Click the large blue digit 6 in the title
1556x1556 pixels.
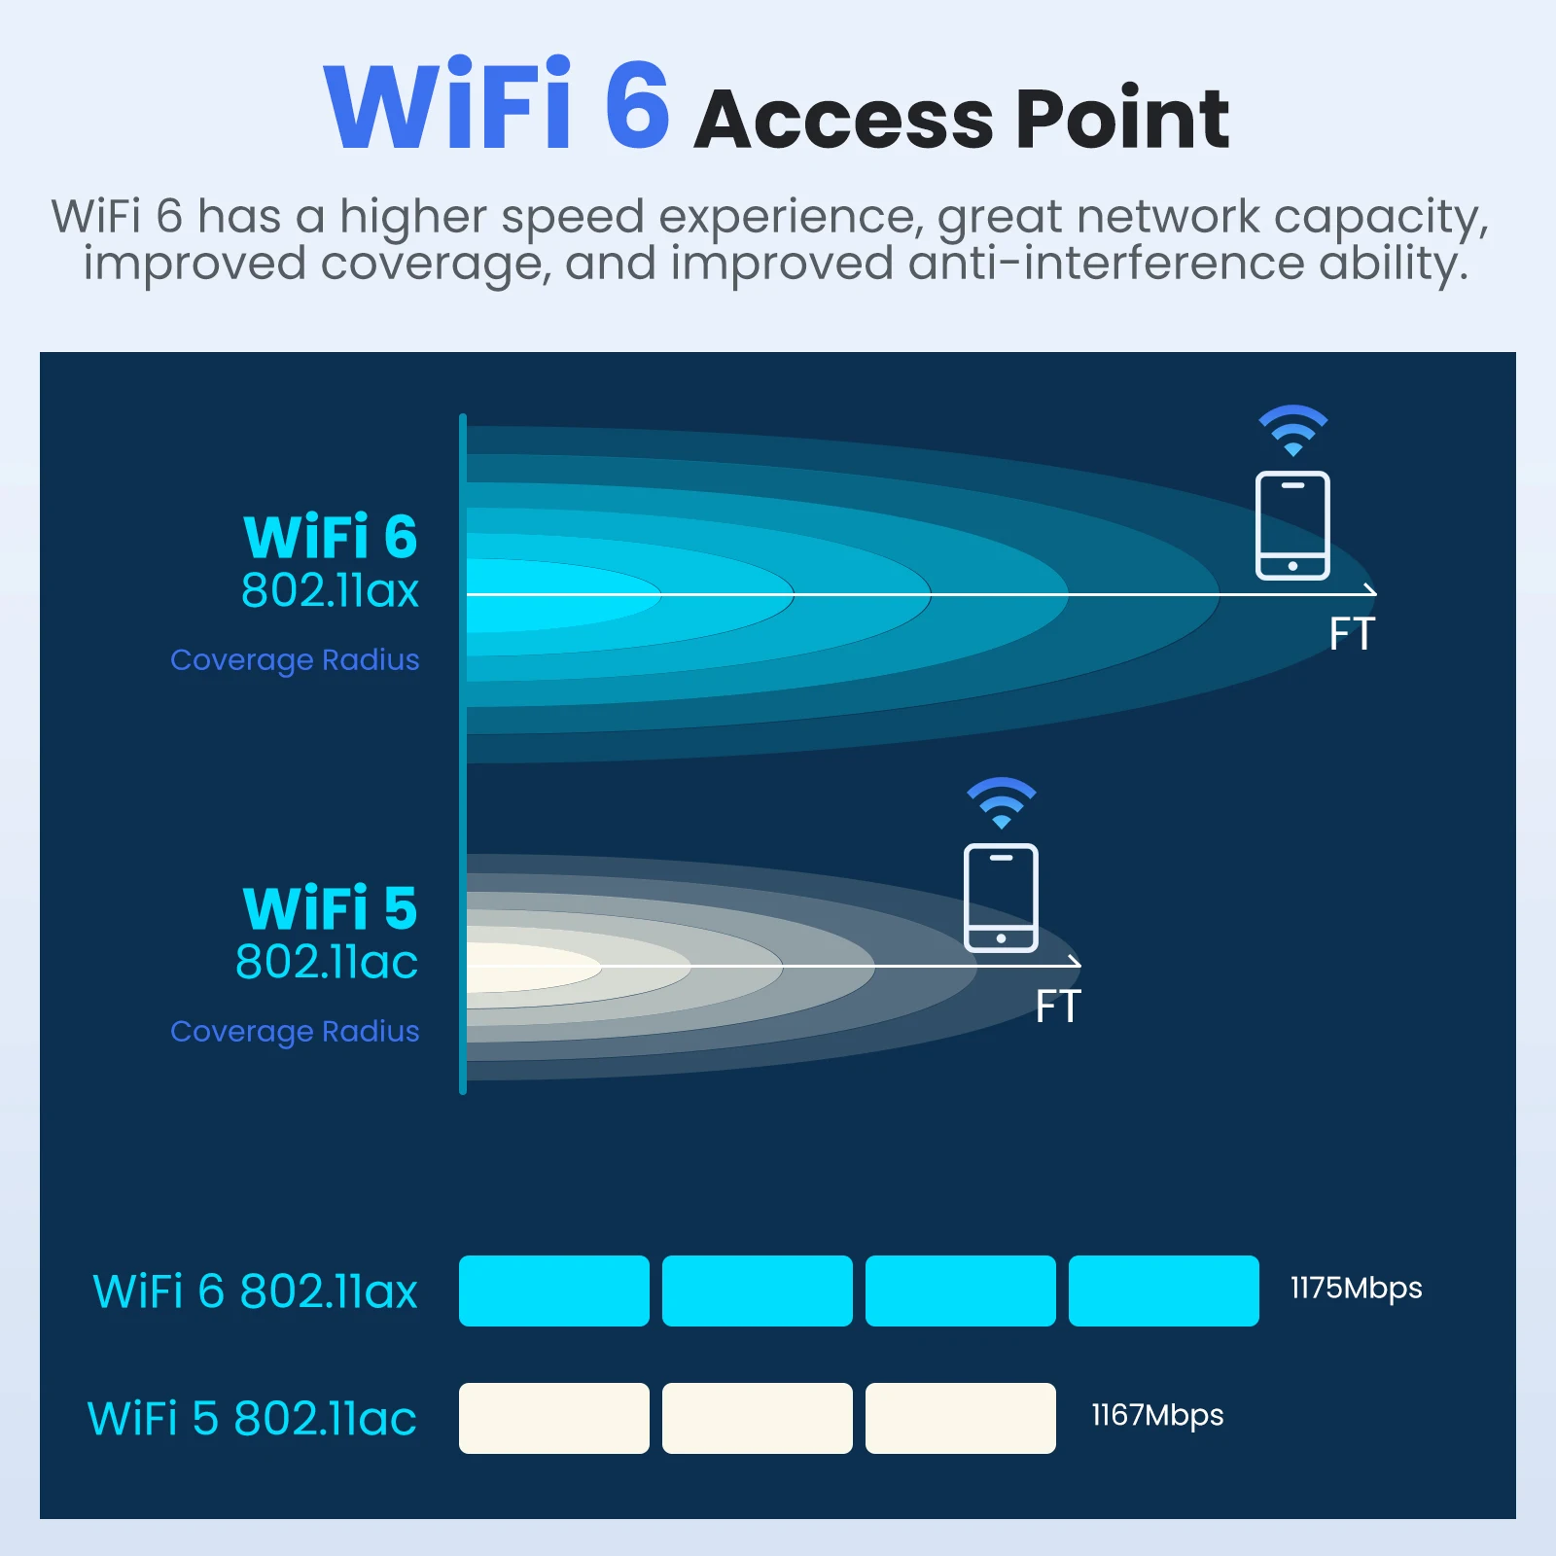tap(637, 105)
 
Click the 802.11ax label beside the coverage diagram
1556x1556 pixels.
tap(330, 590)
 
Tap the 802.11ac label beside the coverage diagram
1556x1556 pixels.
tap(327, 962)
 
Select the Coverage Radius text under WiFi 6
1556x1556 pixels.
tap(295, 659)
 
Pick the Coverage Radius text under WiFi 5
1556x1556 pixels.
tap(295, 1031)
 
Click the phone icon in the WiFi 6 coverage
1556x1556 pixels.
tap(1292, 525)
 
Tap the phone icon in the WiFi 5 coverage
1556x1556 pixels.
tap(1001, 898)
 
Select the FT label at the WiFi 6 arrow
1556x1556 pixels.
tap(1352, 634)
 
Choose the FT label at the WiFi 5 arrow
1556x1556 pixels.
tap(1058, 1007)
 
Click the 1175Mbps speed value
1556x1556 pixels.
tap(1356, 1289)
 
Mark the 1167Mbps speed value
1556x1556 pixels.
tap(1157, 1416)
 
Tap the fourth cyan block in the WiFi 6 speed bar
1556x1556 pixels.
tap(1163, 1291)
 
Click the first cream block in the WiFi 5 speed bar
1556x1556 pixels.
tap(553, 1418)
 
